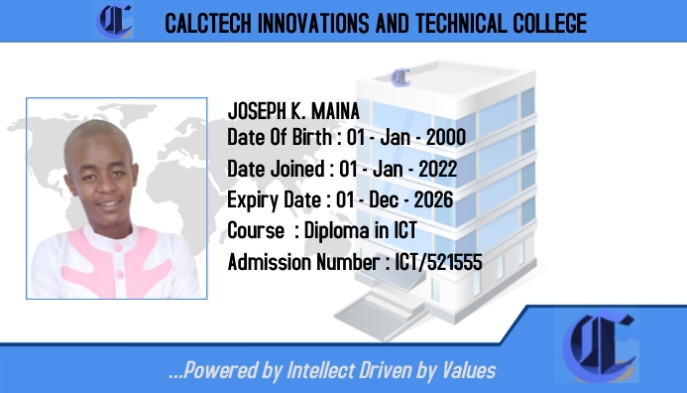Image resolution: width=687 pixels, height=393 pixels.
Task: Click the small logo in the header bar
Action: pos(115,21)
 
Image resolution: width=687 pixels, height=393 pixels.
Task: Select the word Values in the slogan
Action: pos(469,371)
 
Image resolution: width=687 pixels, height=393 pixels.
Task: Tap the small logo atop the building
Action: pos(401,76)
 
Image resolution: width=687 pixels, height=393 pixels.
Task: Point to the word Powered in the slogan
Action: pos(219,371)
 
